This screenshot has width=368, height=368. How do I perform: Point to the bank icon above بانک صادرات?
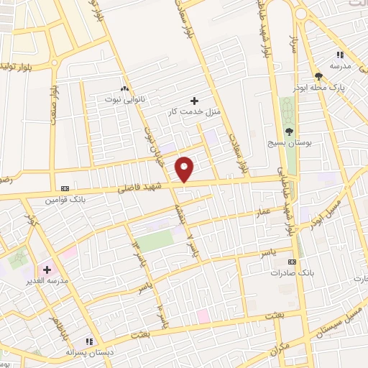[x=291, y=262]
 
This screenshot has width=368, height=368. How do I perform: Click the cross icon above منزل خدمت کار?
[x=193, y=100]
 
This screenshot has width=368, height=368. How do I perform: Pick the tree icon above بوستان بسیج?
[x=289, y=131]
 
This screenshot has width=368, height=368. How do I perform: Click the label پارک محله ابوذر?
[x=319, y=86]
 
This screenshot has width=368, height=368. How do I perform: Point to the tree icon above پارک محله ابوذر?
[x=318, y=75]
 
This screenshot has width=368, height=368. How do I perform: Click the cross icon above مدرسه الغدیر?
[x=47, y=269]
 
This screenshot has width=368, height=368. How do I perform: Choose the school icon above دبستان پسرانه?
[x=89, y=341]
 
